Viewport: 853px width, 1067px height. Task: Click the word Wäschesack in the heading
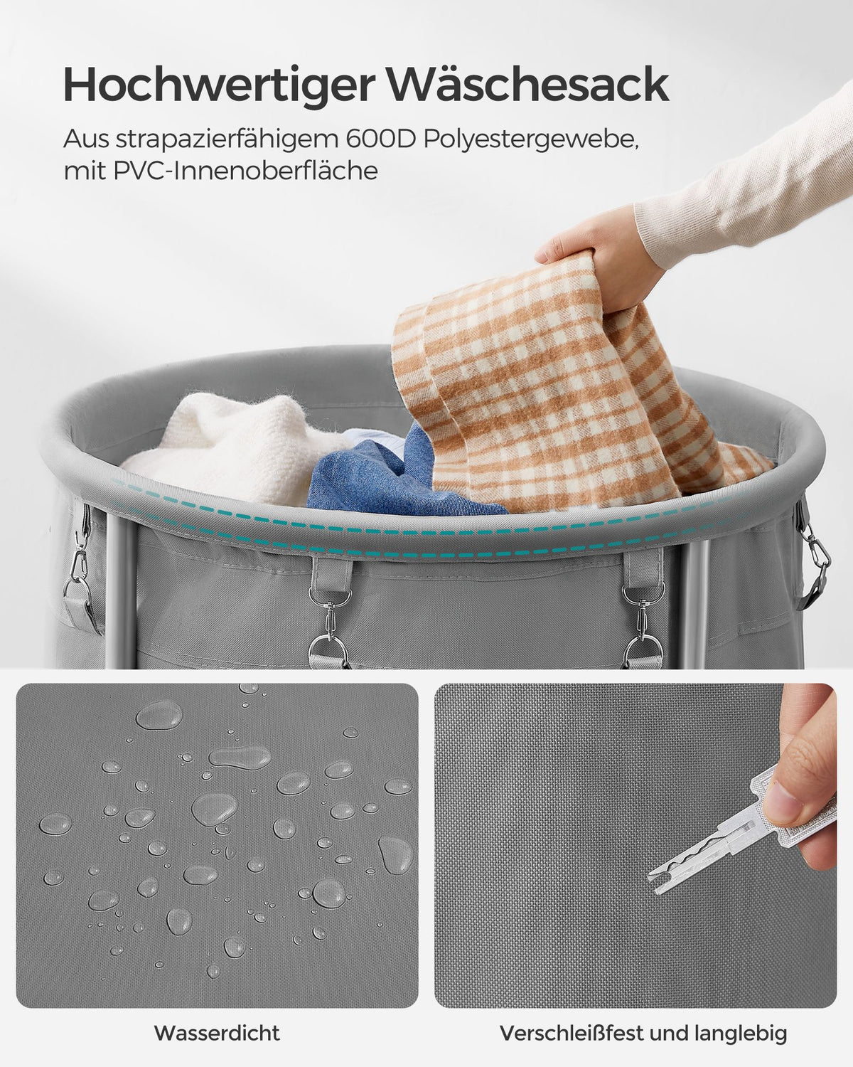click(x=528, y=85)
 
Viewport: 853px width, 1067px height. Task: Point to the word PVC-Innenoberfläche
click(x=245, y=171)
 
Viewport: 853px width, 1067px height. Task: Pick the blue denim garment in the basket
click(x=392, y=476)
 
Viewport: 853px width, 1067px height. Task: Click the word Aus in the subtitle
click(x=85, y=140)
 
